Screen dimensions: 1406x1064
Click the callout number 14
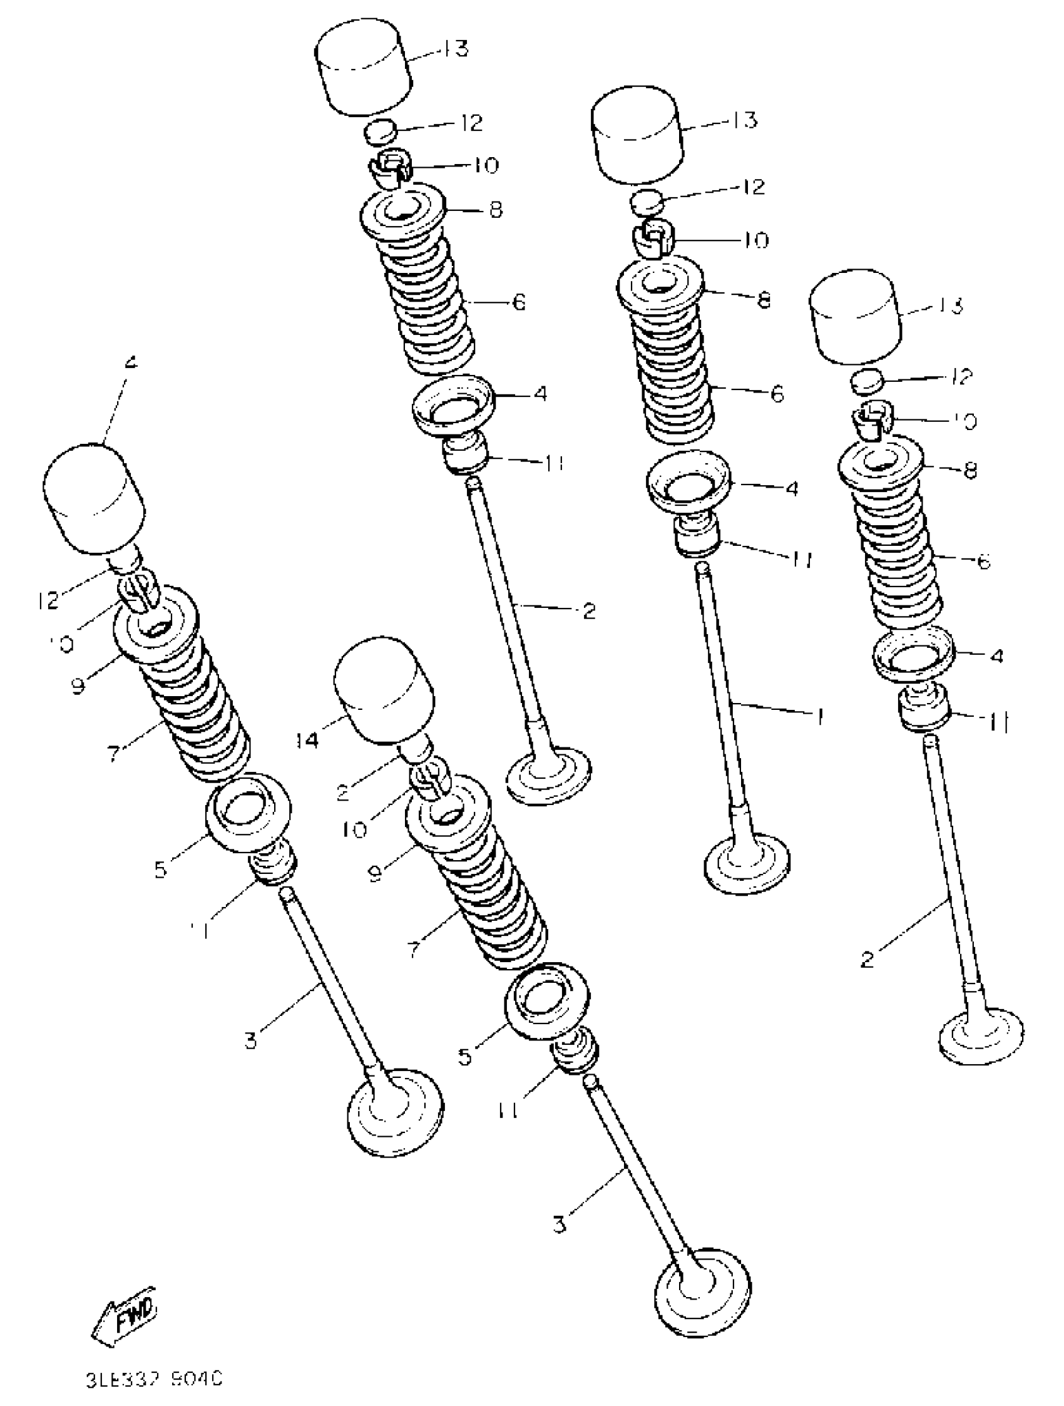(x=307, y=740)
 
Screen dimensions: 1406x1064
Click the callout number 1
(x=821, y=717)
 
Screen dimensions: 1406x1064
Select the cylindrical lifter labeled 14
(x=384, y=690)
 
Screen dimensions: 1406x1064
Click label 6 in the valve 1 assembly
(x=777, y=394)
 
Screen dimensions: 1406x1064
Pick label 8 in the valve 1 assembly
(x=764, y=299)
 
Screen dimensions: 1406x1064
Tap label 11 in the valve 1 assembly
(x=802, y=560)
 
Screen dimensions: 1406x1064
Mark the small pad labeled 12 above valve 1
(x=647, y=202)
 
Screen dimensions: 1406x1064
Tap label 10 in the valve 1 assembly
(x=755, y=240)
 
